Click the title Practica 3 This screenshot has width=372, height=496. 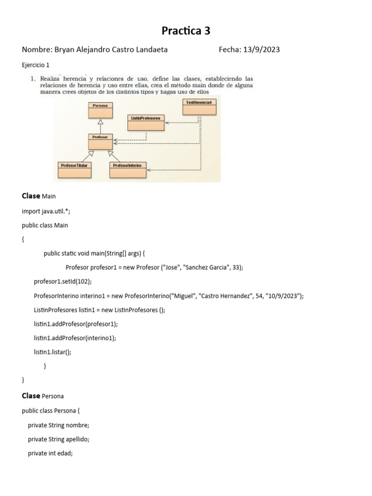[186, 31]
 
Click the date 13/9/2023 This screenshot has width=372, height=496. [261, 49]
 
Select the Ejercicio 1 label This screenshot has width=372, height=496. [35, 64]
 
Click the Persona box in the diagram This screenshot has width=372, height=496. [100, 110]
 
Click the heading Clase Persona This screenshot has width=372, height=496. [43, 396]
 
